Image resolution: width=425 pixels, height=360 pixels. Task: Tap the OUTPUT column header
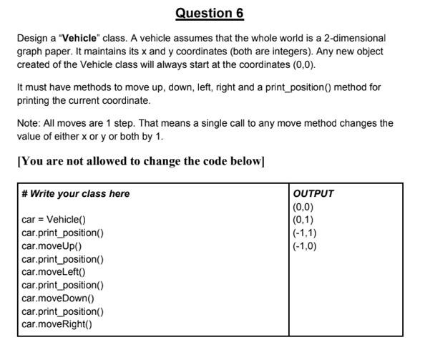pyautogui.click(x=313, y=193)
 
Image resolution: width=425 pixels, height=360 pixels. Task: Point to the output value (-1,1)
pyautogui.click(x=305, y=233)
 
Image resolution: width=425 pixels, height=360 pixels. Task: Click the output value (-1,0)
pyautogui.click(x=305, y=245)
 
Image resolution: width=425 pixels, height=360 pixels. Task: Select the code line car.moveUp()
pyautogui.click(x=52, y=245)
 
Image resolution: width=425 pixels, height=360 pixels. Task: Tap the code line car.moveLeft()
pyautogui.click(x=54, y=272)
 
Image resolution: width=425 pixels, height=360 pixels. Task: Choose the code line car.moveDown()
pyautogui.click(x=58, y=298)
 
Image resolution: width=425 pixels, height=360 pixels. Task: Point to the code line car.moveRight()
pyautogui.click(x=57, y=324)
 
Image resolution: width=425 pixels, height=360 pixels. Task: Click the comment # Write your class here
pyautogui.click(x=76, y=193)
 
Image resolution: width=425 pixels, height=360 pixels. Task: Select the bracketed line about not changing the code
pyautogui.click(x=141, y=160)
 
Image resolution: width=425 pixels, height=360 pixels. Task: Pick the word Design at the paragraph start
pyautogui.click(x=32, y=38)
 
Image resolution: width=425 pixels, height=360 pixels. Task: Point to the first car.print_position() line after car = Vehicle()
pyautogui.click(x=62, y=233)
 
